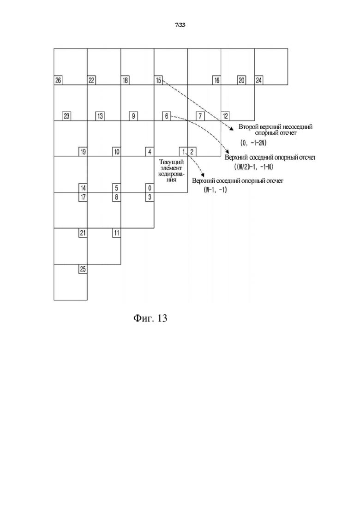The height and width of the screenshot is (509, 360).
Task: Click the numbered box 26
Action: pos(58,80)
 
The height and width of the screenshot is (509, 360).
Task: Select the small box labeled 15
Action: pos(158,80)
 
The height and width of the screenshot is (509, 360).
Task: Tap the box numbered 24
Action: pos(259,80)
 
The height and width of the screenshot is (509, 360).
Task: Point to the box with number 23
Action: pos(66,116)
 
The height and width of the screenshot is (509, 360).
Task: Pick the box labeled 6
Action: pos(167,116)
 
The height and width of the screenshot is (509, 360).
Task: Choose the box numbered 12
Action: pos(225,116)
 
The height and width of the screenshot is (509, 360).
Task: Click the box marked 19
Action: pos(83,152)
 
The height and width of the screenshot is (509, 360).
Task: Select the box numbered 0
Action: pos(150,188)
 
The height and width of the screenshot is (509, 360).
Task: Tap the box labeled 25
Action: pos(83,269)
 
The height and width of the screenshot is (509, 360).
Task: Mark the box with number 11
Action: pos(116,233)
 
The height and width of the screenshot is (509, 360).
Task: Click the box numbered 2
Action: pos(192,152)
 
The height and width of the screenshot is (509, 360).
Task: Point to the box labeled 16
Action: pos(216,80)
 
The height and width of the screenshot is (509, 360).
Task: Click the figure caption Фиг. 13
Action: pos(150,318)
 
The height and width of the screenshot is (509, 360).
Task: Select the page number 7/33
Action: pos(180,25)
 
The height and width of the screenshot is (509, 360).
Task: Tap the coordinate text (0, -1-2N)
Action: pos(253,143)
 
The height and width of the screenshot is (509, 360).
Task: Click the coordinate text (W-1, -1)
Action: pos(215,190)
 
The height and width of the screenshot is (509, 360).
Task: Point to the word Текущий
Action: pos(171,162)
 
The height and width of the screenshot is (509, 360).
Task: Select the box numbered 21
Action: pos(83,233)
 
